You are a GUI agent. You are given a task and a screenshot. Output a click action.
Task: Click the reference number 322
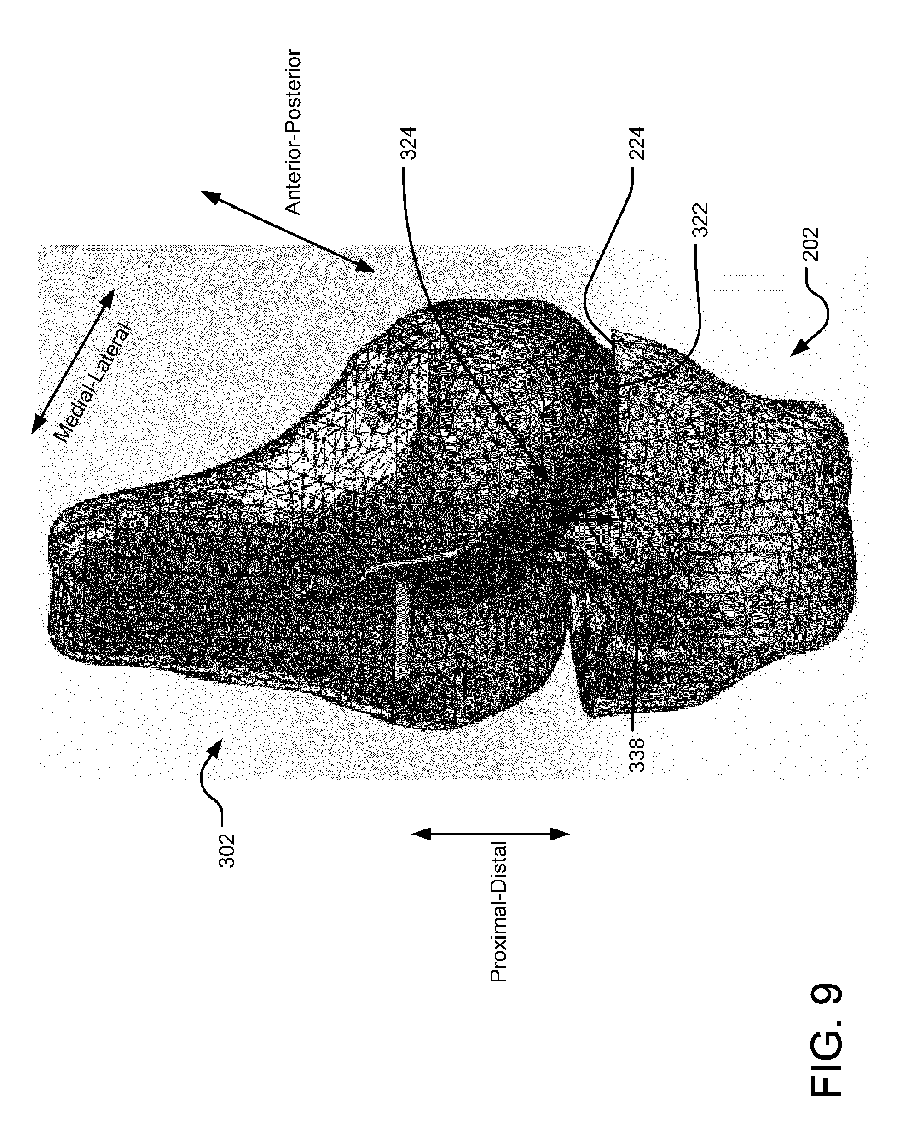click(702, 220)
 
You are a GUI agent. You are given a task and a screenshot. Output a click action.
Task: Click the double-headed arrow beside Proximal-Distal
click(491, 833)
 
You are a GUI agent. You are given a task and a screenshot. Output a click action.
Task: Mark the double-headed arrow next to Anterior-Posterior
click(288, 232)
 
